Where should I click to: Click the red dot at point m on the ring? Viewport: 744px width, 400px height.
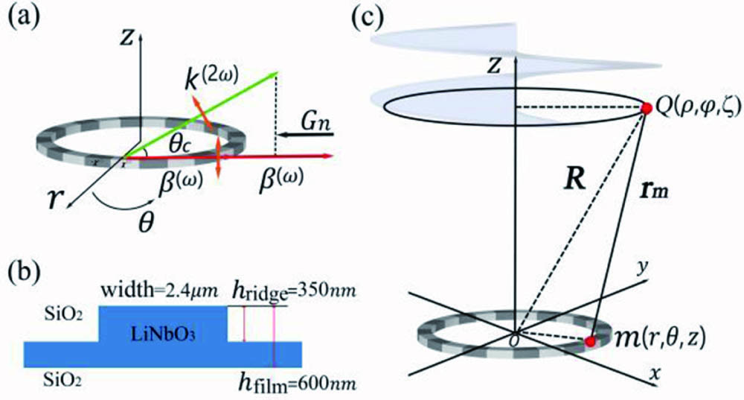coord(591,342)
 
